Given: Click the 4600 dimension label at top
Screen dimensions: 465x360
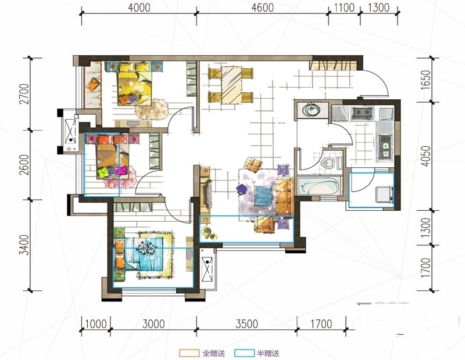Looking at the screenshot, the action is (263, 8).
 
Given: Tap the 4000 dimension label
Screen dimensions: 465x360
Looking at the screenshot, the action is (139, 8).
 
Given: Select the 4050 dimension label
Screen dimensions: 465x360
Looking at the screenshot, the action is (425, 156).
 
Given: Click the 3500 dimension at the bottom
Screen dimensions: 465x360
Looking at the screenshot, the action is (246, 324).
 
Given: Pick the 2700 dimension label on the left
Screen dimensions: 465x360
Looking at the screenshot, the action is (24, 94).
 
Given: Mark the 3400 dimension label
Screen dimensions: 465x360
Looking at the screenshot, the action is (24, 244).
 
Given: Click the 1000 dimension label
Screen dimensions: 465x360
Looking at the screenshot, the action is (96, 324).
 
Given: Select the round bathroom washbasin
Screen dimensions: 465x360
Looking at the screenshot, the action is (311, 110).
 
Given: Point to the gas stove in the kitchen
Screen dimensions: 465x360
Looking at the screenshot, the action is (362, 113).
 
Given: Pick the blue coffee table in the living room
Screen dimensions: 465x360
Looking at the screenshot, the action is (263, 196).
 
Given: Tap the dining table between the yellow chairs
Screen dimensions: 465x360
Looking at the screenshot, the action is (231, 85).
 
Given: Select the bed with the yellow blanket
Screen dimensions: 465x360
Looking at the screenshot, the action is (134, 84).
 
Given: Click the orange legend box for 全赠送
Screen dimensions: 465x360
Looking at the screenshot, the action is (189, 353).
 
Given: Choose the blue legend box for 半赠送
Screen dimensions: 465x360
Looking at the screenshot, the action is (244, 353).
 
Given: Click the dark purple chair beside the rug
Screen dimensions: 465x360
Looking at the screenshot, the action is (242, 189).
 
